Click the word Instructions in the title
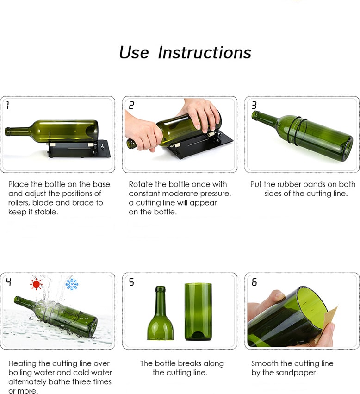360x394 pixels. click(205, 53)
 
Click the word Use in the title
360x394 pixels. click(134, 53)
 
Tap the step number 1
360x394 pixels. click(8, 105)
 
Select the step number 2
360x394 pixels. click(131, 105)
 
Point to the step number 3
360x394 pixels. click(254, 105)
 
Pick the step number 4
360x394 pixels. click(8, 282)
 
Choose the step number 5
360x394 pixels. click(131, 282)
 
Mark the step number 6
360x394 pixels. click(254, 282)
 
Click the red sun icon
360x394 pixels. click(36, 284)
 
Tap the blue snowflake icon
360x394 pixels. click(72, 284)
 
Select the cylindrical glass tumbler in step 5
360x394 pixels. click(198, 312)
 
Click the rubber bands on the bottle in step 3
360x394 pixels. click(298, 131)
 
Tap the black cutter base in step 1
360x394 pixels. click(79, 149)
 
